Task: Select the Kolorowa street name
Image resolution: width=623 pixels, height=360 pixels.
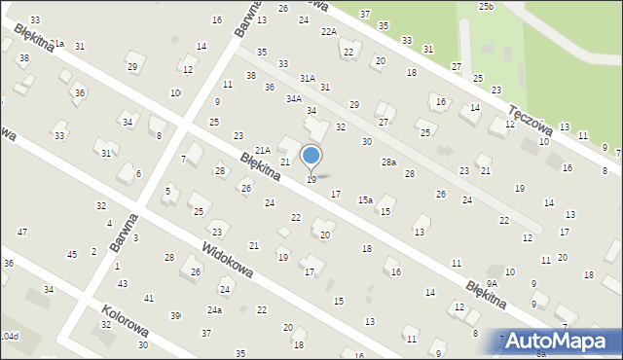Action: coord(124,321)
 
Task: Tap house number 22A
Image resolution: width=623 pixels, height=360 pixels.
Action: coord(328,32)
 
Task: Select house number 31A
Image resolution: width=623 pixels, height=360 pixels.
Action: coord(308,77)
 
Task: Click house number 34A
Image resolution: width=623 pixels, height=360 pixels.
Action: coord(293,99)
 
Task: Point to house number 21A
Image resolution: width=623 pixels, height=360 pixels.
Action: coord(262,149)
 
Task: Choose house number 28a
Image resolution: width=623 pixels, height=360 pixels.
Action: coord(388,162)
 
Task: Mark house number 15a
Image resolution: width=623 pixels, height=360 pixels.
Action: coord(364,199)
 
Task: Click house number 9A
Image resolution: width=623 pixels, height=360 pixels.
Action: coord(493,283)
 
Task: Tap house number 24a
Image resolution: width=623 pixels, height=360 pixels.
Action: coord(214,310)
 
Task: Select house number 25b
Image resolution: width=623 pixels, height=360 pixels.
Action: coord(486,7)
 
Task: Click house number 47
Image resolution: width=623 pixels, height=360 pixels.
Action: coord(21,232)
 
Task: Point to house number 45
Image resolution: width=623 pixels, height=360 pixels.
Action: coord(71,254)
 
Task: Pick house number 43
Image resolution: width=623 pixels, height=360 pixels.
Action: coord(122,283)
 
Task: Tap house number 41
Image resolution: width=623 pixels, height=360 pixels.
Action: coord(148,298)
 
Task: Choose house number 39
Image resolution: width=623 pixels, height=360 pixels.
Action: coord(176,316)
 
